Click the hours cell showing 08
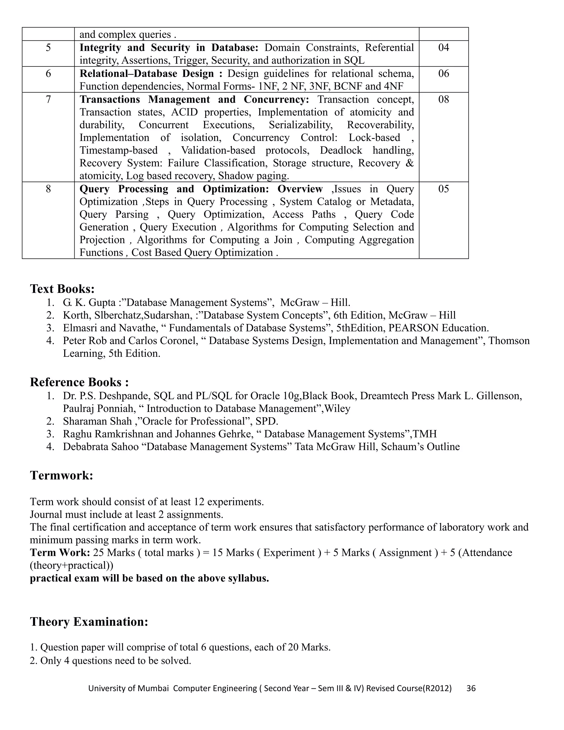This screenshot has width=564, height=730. (443, 100)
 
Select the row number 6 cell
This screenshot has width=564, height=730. (48, 74)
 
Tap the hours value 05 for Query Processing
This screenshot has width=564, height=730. (443, 189)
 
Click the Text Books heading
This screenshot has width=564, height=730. (63, 289)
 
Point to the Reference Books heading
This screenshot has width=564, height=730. (79, 382)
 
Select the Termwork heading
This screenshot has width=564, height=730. (61, 475)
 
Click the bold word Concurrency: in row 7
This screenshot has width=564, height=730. (276, 100)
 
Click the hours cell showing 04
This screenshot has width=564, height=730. (443, 48)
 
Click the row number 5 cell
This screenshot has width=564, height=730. (48, 48)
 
